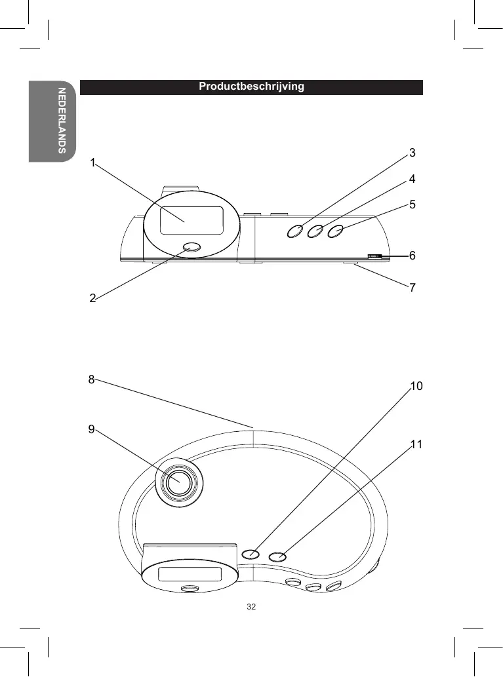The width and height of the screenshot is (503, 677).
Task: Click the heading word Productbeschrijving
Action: coord(251,87)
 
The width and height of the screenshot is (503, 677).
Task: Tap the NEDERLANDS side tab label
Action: coord(62,121)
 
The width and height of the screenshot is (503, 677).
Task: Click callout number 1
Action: coord(92,163)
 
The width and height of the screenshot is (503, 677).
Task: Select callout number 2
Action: coord(92,298)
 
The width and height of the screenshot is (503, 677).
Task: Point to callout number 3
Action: coord(412,153)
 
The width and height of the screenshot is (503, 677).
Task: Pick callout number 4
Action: coord(412,179)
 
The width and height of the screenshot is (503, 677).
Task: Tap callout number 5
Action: coord(412,204)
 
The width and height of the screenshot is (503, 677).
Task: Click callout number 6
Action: coord(412,256)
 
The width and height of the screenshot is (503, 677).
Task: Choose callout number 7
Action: coord(412,287)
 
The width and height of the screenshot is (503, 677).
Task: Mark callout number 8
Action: coord(91,379)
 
